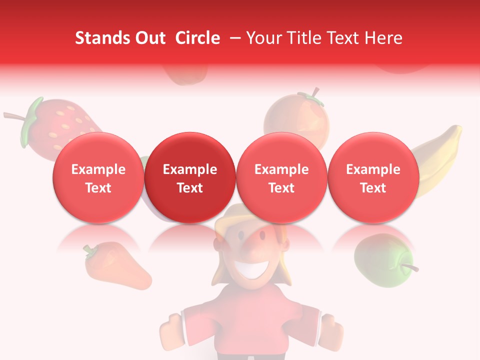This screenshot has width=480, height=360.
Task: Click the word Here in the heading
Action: [384, 38]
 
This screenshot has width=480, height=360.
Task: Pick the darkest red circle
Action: [190, 178]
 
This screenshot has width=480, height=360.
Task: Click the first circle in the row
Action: [98, 178]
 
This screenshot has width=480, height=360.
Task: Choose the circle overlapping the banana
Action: [373, 178]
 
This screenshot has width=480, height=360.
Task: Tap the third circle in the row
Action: [281, 178]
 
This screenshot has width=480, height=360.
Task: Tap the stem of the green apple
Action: [411, 267]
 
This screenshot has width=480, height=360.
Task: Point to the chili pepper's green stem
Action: [90, 250]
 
